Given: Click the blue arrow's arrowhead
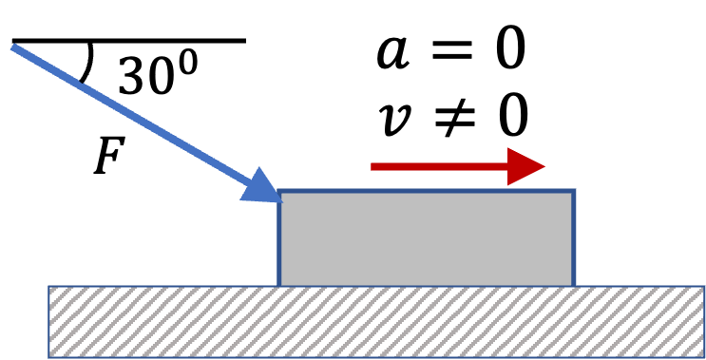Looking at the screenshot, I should point(262,186).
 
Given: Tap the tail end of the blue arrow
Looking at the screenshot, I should point(13,47).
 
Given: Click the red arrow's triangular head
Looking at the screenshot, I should point(525,166).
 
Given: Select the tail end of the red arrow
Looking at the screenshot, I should point(372,166).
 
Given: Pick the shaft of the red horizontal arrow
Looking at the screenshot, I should point(437,166).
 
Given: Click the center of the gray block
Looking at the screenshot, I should point(427,238).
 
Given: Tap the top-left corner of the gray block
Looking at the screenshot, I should point(279,191).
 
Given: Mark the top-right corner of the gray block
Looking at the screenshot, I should point(574,191).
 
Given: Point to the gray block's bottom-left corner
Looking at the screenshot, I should point(279,285).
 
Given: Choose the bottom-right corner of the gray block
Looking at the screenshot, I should point(574,285).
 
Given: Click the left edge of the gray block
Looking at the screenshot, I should point(279,238).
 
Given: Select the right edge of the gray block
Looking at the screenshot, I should point(574,238).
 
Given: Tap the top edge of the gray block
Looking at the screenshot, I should point(427,191).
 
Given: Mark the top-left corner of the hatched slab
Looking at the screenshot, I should point(49,286).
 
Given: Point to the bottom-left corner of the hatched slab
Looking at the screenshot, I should point(49,357).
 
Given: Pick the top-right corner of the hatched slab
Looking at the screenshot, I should point(703,286).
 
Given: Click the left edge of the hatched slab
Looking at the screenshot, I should point(49,322).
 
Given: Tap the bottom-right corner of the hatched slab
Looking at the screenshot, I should point(703,357).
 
